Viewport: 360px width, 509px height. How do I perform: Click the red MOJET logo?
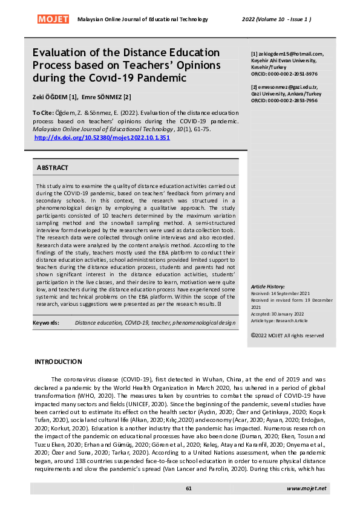click(53, 19)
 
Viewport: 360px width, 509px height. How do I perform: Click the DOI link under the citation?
click(102, 138)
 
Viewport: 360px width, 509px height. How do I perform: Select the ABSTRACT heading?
click(53, 167)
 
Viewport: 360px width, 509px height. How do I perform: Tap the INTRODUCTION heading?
click(58, 362)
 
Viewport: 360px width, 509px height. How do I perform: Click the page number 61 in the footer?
click(189, 488)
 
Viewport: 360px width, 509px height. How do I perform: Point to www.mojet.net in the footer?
click(306, 488)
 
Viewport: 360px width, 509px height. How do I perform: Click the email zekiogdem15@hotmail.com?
click(290, 54)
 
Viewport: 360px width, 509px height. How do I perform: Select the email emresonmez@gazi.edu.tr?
click(286, 87)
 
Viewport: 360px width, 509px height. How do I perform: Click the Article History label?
click(272, 286)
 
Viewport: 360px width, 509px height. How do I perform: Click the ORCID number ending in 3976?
click(292, 74)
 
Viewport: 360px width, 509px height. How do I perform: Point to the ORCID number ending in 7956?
click(292, 100)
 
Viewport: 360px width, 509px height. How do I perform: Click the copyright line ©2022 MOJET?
click(287, 336)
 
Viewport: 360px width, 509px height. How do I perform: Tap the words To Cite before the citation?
click(42, 113)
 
